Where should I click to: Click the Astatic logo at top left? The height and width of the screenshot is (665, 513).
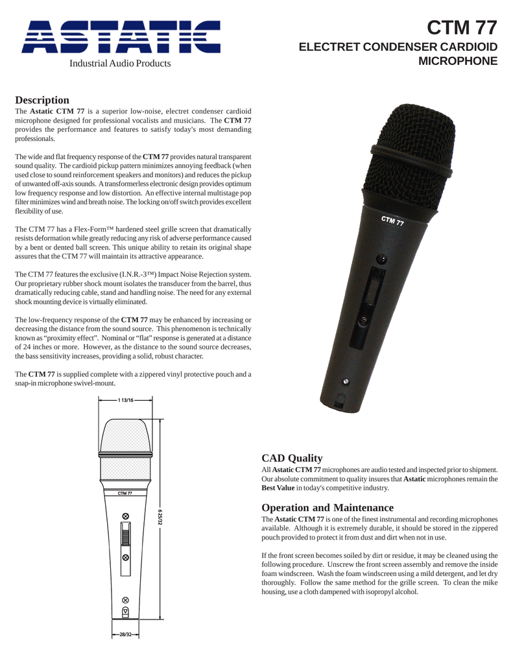[x=121, y=36]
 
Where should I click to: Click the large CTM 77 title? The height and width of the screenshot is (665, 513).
[x=462, y=29]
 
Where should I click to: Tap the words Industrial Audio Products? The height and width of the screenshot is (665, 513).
[x=121, y=64]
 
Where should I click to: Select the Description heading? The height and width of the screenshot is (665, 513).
[x=42, y=100]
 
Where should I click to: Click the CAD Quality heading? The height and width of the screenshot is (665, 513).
[x=291, y=458]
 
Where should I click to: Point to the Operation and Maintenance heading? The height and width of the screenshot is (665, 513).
[x=327, y=507]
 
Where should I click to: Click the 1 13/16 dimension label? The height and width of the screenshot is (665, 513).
[x=125, y=401]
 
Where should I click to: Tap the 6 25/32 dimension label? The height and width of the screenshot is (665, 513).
[x=160, y=518]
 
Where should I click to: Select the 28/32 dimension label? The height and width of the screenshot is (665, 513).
[x=125, y=633]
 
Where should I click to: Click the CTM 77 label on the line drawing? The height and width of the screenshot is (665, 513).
[x=125, y=493]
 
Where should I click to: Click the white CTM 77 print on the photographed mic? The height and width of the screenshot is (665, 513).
[x=392, y=220]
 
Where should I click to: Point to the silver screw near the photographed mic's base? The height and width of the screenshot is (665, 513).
[x=346, y=381]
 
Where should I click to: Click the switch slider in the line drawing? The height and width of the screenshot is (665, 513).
[x=125, y=536]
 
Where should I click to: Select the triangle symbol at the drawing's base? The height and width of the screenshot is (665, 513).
[x=125, y=611]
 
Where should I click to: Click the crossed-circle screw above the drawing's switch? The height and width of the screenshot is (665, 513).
[x=125, y=516]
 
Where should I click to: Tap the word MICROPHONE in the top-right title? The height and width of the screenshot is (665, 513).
[x=459, y=62]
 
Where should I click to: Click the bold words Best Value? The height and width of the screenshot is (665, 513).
[x=278, y=487]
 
